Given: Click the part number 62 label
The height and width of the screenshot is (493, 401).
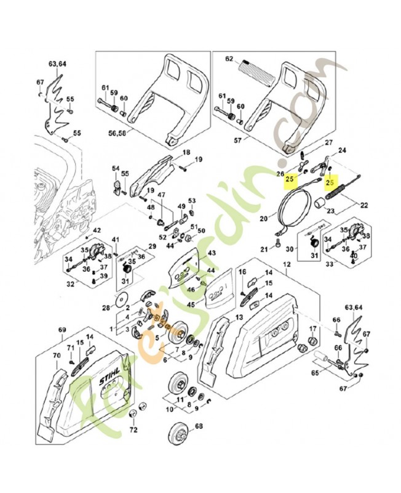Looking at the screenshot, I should [x=230, y=60].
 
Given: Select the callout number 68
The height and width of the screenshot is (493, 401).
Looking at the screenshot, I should [x=199, y=426].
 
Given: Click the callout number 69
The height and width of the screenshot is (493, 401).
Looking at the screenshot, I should [x=62, y=331].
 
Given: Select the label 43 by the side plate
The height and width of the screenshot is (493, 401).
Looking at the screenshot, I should [x=212, y=253].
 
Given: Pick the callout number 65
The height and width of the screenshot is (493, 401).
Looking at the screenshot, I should [x=316, y=373].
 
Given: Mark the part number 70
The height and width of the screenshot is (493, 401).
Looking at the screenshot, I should [x=56, y=356].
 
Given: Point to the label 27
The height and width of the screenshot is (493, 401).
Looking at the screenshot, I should [x=328, y=143].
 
